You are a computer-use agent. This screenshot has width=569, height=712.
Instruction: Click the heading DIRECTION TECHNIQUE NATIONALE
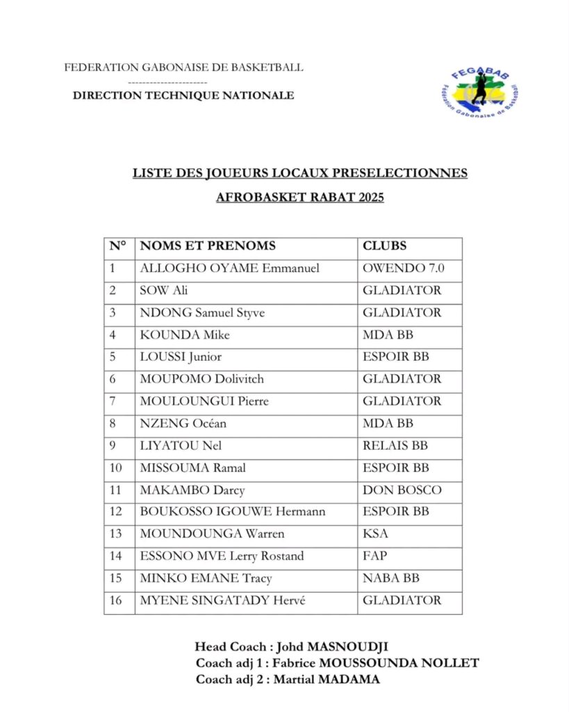pos(183,95)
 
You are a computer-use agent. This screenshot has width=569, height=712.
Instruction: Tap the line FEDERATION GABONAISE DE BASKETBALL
pos(183,67)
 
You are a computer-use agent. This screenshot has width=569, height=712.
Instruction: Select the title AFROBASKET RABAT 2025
pos(299,197)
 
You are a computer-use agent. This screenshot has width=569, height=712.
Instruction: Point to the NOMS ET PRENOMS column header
pos(208,245)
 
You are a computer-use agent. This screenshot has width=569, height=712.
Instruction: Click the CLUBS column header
pos(384,245)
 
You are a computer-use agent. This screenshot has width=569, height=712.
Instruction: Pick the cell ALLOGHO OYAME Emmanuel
pos(229,268)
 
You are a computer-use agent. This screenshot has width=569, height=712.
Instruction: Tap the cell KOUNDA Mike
pos(185,334)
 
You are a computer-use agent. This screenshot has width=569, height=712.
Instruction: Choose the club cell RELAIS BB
pos(395,445)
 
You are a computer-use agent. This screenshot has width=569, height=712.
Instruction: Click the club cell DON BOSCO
pos(402,489)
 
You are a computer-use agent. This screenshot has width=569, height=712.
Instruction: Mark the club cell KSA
pos(375,534)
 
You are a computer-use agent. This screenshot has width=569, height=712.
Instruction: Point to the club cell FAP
pos(374,556)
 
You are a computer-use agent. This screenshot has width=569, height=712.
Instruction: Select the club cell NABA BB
pos(391,578)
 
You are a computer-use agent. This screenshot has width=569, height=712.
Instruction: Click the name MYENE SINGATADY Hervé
pos(223,601)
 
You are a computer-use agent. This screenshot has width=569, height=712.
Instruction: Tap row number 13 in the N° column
pos(116,534)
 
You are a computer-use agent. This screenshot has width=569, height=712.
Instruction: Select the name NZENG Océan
pos(183,423)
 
